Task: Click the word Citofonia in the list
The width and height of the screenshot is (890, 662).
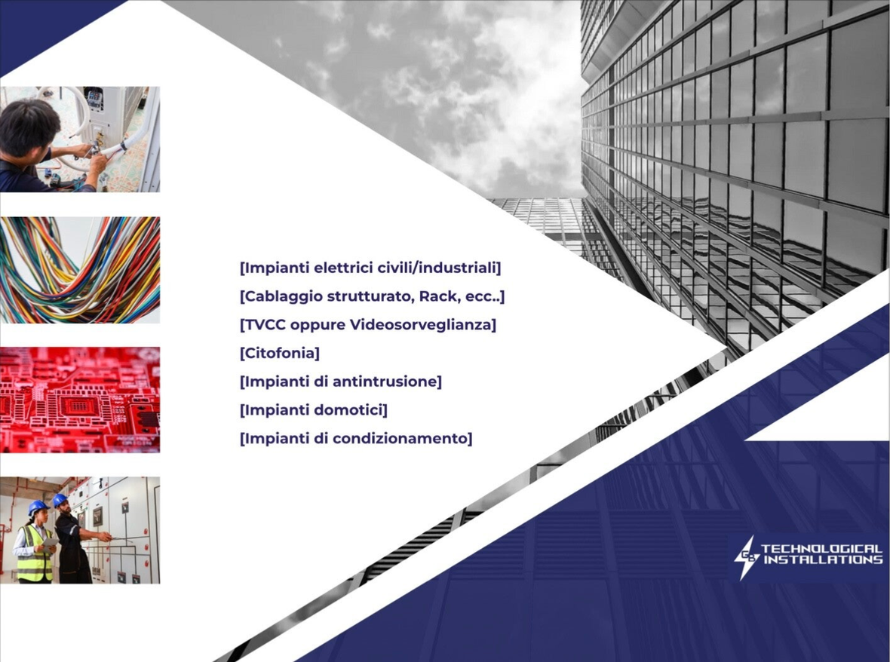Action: (x=280, y=353)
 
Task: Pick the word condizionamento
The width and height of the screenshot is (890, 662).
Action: (x=402, y=438)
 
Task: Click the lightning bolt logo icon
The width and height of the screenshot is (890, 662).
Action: (x=745, y=557)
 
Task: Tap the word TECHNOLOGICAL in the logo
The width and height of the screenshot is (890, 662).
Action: (x=822, y=549)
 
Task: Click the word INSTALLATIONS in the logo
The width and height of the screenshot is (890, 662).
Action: (x=824, y=560)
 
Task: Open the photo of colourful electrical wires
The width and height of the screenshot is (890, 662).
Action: (x=80, y=270)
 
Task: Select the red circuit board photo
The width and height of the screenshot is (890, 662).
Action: (x=80, y=400)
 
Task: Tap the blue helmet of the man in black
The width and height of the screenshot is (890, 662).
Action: (x=60, y=500)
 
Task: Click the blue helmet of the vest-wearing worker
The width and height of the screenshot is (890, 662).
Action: (x=38, y=507)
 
